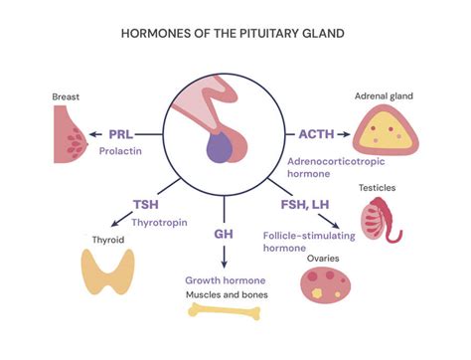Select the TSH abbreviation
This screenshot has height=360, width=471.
[146, 205]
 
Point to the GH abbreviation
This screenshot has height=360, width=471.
[224, 236]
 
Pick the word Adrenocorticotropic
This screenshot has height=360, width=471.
[328, 159]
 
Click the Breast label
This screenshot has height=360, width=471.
[66, 96]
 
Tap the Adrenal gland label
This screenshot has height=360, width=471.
[383, 96]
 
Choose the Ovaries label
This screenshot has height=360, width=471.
[324, 258]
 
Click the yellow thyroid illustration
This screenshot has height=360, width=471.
[105, 271]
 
